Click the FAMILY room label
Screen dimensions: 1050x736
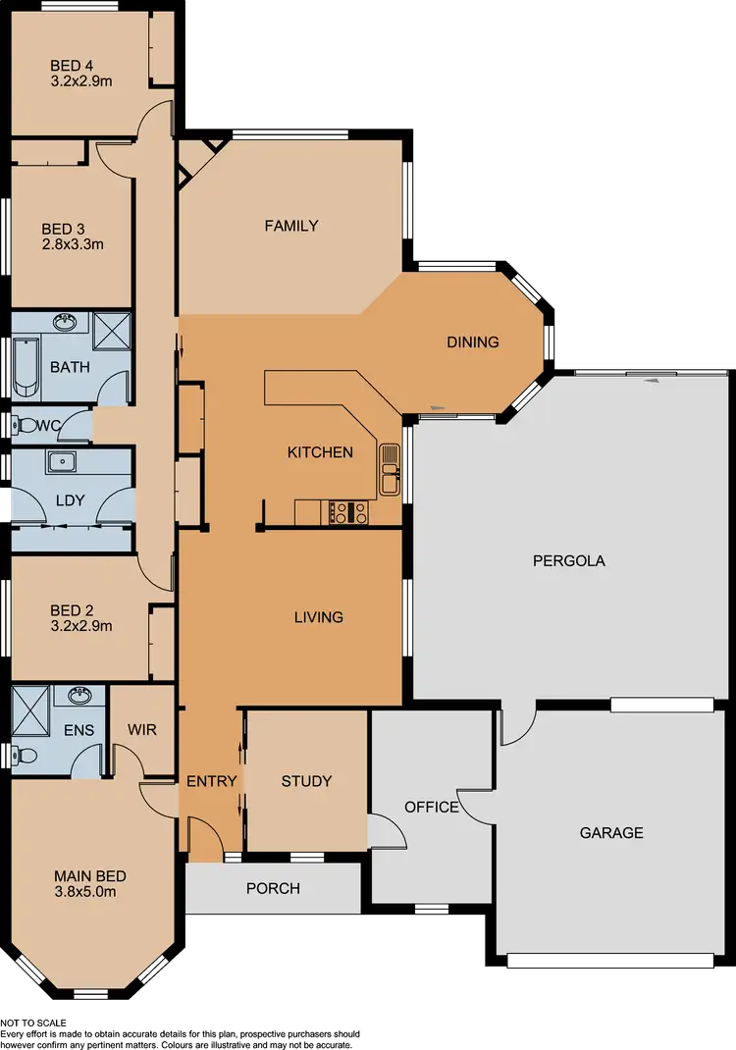[291, 226]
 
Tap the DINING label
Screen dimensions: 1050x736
[473, 342]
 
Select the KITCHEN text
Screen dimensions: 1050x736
[320, 452]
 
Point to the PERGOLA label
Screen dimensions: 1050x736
[569, 561]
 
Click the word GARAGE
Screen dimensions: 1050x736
[611, 832]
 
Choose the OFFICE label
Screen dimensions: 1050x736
[432, 807]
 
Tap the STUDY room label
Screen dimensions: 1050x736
[306, 781]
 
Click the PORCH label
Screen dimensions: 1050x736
[273, 888]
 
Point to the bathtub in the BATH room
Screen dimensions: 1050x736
[25, 367]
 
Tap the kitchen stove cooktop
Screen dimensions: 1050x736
[347, 512]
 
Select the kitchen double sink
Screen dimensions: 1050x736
[390, 469]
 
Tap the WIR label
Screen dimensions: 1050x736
[142, 730]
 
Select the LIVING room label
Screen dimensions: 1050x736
[319, 617]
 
